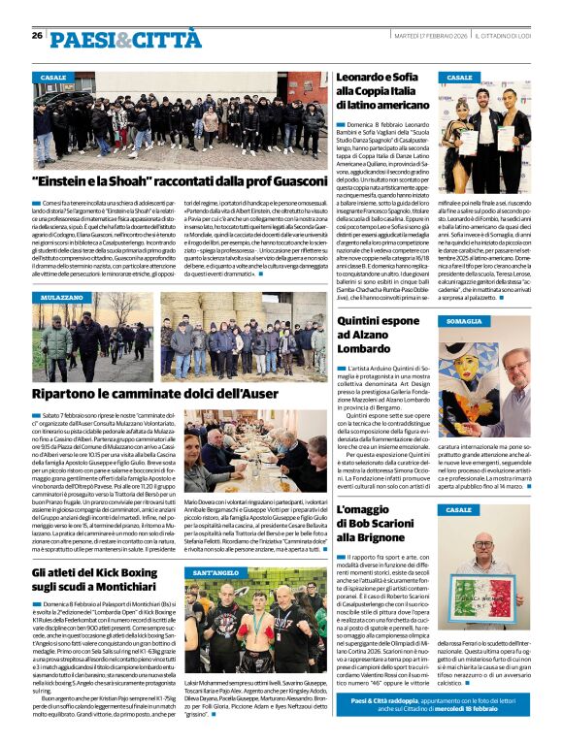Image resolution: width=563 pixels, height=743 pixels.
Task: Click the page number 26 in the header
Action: point(36,36)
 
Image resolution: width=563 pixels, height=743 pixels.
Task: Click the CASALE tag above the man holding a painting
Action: point(460,509)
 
